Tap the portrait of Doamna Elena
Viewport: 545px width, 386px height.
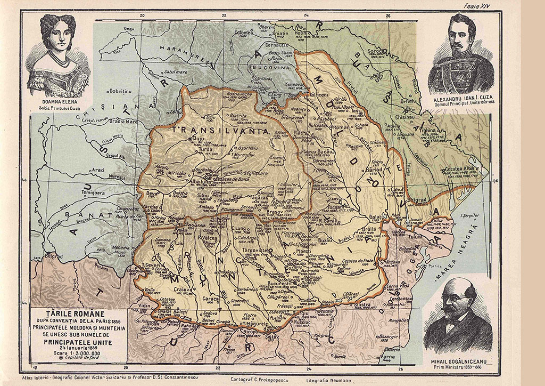click(57, 53)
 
